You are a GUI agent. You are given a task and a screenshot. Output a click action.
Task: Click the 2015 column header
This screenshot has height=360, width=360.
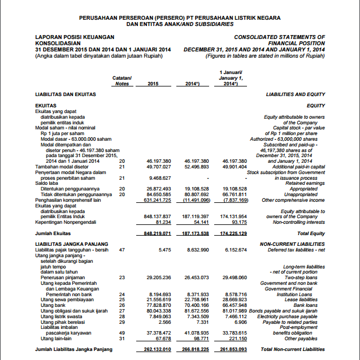(153, 84)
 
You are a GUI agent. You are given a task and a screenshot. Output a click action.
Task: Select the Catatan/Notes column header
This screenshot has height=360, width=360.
(122, 81)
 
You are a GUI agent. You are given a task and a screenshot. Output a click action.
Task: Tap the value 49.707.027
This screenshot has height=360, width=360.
(158, 167)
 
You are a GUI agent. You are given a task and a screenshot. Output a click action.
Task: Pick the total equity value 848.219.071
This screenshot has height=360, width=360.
(158, 233)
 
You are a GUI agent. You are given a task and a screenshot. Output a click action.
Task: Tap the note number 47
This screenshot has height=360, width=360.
(122, 249)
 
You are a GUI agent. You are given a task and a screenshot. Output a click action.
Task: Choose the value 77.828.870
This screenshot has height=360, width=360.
(158, 305)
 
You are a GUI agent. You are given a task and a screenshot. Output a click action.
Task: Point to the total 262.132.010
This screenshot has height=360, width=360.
(158, 350)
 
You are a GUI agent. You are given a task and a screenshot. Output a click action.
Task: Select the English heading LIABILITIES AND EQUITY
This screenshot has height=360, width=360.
(296, 94)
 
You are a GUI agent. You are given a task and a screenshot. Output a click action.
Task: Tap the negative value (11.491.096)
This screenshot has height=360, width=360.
(196, 199)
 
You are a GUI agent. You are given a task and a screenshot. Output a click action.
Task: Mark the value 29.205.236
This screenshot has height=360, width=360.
(158, 277)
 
